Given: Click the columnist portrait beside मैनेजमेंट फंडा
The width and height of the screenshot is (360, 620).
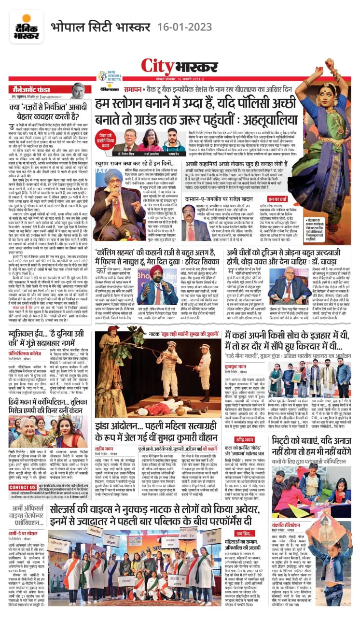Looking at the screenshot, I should click(78, 90).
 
